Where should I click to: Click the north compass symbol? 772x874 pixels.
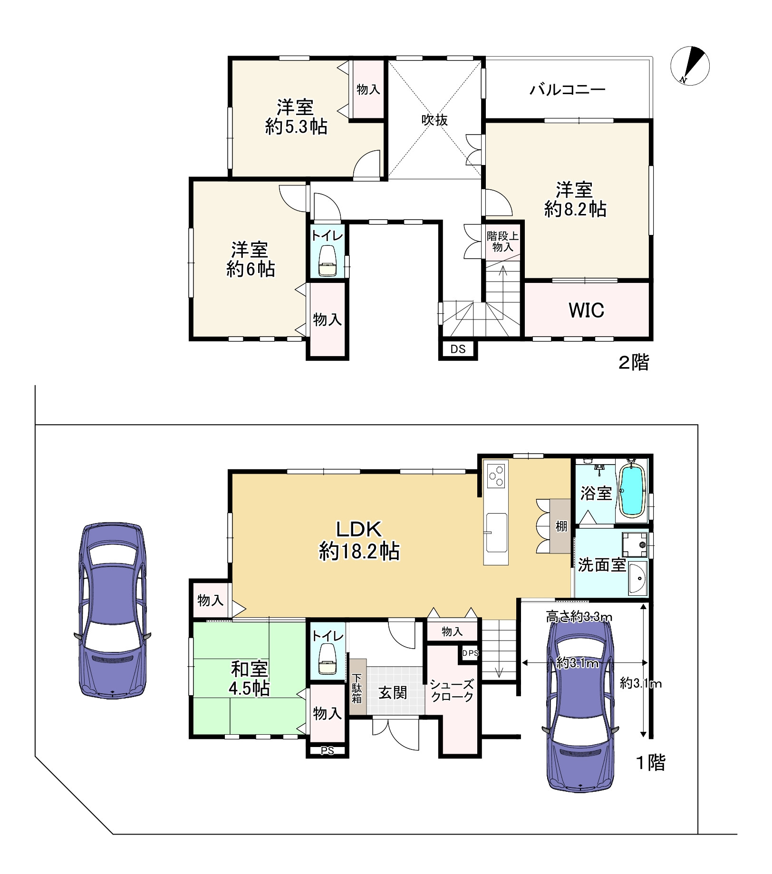tap(690, 66)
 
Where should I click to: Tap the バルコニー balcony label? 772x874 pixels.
tap(568, 89)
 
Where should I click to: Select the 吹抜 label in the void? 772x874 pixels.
tap(434, 120)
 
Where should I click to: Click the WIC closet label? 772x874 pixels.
tap(586, 310)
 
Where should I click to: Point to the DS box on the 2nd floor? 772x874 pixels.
tap(458, 350)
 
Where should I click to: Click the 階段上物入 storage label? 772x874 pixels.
tap(502, 242)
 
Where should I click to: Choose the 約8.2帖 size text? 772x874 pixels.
tap(575, 209)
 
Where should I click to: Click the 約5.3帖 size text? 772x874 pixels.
tap(296, 127)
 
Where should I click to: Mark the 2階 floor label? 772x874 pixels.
tap(633, 363)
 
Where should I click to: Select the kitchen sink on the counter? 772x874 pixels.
tap(496, 533)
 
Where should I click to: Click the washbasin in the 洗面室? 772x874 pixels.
tap(638, 577)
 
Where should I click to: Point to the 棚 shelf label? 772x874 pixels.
tap(561, 526)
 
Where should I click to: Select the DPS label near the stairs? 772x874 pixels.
tap(470, 653)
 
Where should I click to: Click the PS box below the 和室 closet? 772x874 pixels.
tap(327, 751)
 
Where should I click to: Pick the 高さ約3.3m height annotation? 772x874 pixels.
tap(579, 617)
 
